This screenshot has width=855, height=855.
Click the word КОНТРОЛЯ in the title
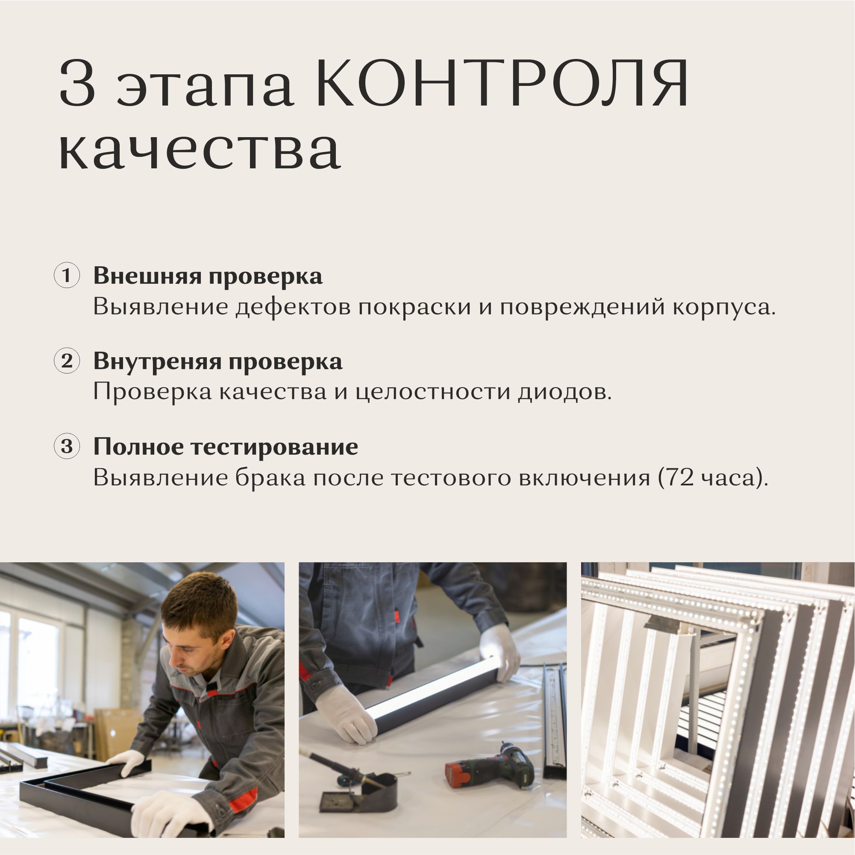coord(502,83)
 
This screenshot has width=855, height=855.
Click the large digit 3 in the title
coord(77,83)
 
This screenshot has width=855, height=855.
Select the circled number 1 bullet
coord(67,276)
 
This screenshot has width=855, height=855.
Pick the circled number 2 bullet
coord(67,361)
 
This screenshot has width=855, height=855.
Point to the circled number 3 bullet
coord(67,446)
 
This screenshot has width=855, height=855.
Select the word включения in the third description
coord(585,478)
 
